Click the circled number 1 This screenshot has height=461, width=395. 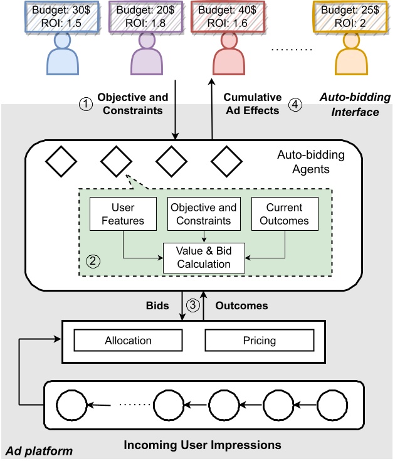coord(84,105)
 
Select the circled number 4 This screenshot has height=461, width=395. coord(295,105)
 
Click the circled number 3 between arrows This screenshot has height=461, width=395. coord(194,305)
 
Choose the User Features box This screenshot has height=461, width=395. coord(123,214)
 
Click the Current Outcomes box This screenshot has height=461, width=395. coord(285,214)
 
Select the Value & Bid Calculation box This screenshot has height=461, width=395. coord(204,257)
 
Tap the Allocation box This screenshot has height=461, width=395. coord(128,341)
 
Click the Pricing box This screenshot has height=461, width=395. coord(260,341)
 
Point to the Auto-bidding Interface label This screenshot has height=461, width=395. coord(354,105)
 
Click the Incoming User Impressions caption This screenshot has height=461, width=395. coord(203,445)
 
